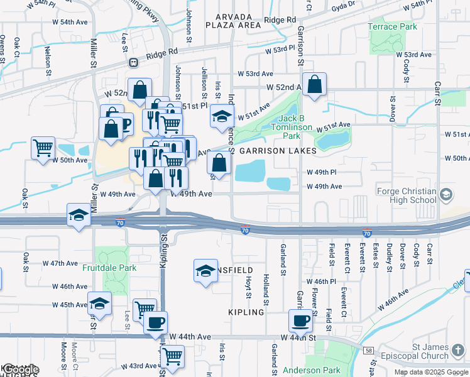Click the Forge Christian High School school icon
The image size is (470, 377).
[x=446, y=194]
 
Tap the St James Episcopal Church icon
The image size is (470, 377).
[x=459, y=348]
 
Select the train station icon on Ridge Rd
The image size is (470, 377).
[x=133, y=62]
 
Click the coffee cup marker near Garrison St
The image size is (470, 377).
[x=300, y=320]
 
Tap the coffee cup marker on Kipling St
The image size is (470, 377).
[x=156, y=323]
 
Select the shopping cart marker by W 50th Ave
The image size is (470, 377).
[x=43, y=148]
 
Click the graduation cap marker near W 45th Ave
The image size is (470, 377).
[x=99, y=303]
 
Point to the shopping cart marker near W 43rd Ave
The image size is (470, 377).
[x=172, y=356]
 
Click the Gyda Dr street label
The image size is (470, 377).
[x=343, y=4]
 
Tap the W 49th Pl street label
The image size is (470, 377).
[x=322, y=172]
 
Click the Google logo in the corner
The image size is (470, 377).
[x=20, y=369]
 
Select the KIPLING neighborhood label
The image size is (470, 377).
[x=246, y=312]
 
